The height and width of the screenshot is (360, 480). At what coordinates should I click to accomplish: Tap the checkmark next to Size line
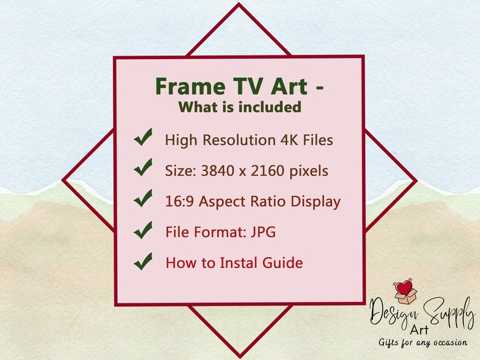(x=143, y=170)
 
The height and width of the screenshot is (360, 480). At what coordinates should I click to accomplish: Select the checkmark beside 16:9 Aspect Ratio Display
(x=143, y=200)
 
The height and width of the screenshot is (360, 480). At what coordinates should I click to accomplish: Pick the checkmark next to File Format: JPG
(x=143, y=231)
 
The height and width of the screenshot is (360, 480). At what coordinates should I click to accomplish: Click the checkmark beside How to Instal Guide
(x=143, y=262)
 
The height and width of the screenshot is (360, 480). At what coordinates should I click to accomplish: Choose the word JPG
(x=264, y=232)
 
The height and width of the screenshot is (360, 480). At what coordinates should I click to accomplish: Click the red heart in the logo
(x=405, y=286)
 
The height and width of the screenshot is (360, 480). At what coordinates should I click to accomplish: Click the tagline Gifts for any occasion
(x=423, y=342)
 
